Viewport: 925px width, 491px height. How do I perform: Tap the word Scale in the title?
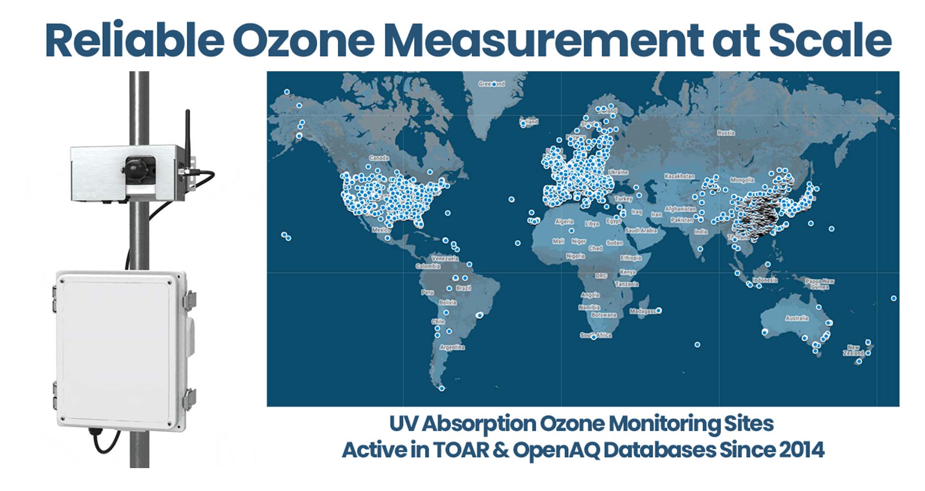(830, 40)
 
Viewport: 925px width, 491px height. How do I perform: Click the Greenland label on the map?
(491, 84)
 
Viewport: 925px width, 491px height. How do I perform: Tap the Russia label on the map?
(725, 132)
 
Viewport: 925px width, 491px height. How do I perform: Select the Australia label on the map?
(797, 318)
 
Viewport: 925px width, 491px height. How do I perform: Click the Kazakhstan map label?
(679, 176)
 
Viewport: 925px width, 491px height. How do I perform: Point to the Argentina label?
(452, 347)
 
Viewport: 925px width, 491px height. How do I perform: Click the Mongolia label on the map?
(742, 180)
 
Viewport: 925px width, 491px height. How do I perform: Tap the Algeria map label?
(564, 221)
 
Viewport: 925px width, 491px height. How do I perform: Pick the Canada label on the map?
(379, 158)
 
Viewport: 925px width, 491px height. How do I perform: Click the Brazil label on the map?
(463, 288)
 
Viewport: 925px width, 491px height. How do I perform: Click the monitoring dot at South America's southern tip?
(442, 388)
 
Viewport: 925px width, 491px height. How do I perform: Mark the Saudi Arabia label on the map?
(641, 231)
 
